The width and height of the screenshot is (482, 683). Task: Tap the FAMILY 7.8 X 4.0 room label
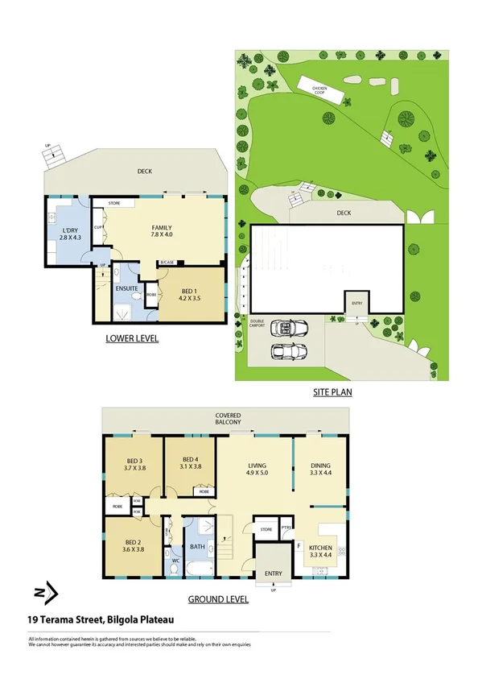click(163, 231)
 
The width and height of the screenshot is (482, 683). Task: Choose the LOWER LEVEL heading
click(132, 339)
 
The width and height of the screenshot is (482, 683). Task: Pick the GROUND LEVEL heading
click(217, 599)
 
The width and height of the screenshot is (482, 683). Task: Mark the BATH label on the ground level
click(197, 548)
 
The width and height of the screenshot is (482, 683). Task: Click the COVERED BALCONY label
click(228, 418)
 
